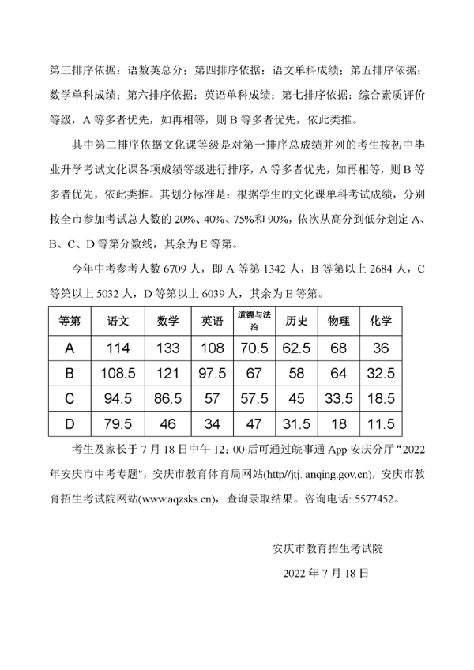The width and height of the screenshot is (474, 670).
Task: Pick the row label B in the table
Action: click(x=70, y=372)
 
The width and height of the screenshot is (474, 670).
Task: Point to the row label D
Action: click(x=70, y=424)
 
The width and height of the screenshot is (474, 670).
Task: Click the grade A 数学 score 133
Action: click(x=167, y=347)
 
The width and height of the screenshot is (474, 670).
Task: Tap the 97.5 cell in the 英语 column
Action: click(x=212, y=372)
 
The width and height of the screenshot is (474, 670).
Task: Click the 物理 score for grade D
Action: click(x=339, y=424)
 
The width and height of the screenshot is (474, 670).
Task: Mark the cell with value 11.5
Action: click(x=381, y=424)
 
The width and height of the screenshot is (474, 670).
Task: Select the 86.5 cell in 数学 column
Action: click(x=167, y=398)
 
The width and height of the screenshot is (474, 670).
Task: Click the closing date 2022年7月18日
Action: click(x=325, y=572)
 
